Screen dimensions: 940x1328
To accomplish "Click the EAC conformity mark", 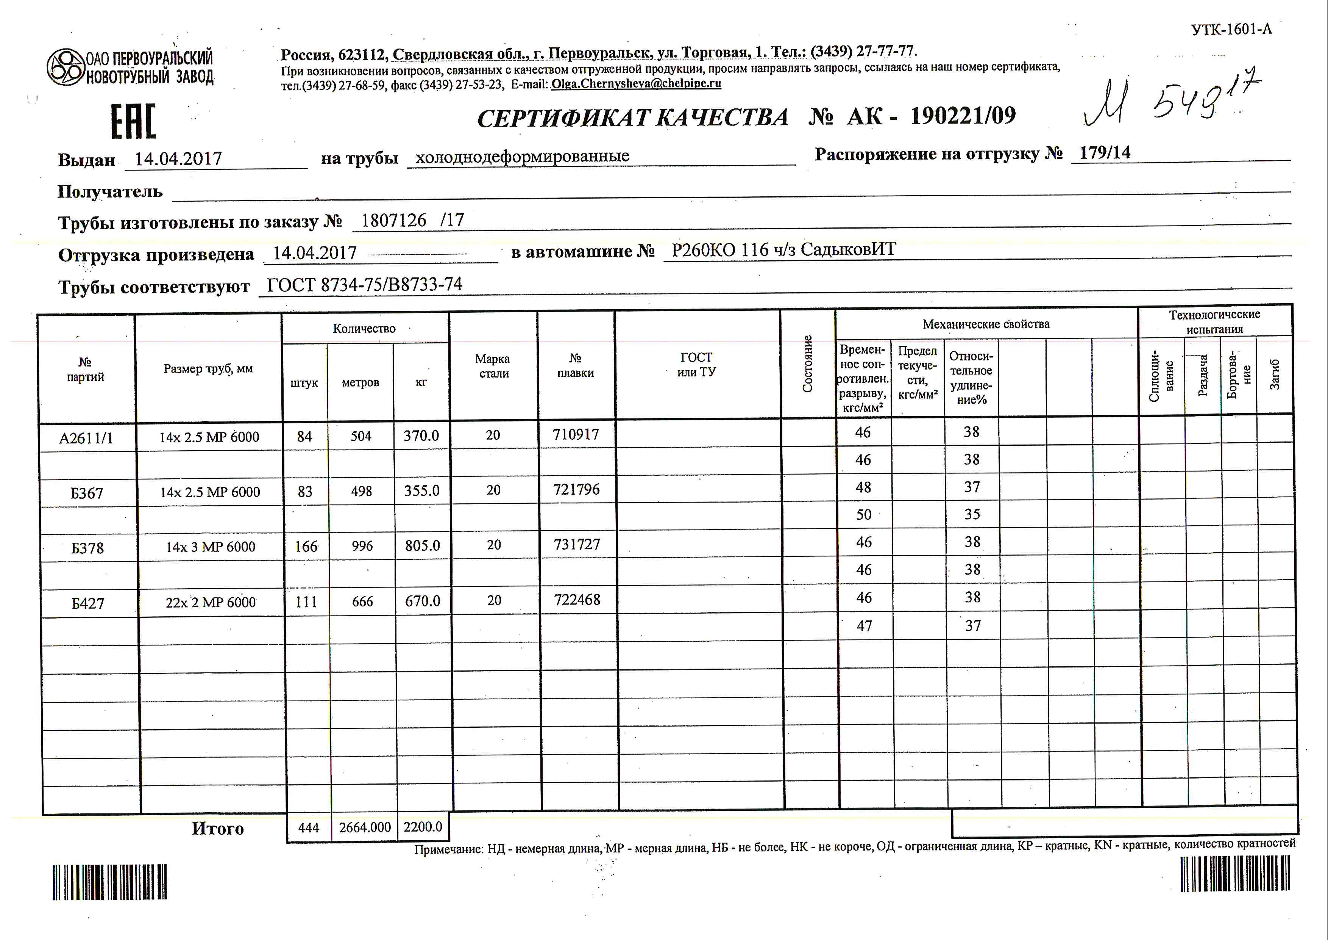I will [x=134, y=122].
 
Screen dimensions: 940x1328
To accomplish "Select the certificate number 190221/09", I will [x=963, y=116].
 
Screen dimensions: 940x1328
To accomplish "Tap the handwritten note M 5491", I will [x=1168, y=99].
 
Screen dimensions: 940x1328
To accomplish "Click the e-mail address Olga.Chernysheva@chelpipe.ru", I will [x=636, y=84].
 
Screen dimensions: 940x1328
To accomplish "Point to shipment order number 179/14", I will [x=1104, y=152].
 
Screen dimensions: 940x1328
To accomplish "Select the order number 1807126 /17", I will [x=412, y=221].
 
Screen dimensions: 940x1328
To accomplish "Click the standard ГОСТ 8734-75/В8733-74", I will [x=364, y=285].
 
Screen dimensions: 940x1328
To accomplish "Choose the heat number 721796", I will [x=576, y=490].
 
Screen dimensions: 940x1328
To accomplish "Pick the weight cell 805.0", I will [x=422, y=546].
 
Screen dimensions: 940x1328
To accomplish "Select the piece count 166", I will [x=306, y=547].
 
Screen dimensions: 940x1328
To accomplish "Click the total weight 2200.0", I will [x=423, y=827].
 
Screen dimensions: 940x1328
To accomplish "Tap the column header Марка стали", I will [x=493, y=366].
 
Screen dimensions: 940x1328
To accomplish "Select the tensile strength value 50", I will [x=863, y=515].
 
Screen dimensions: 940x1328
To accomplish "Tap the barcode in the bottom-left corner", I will [x=110, y=882].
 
